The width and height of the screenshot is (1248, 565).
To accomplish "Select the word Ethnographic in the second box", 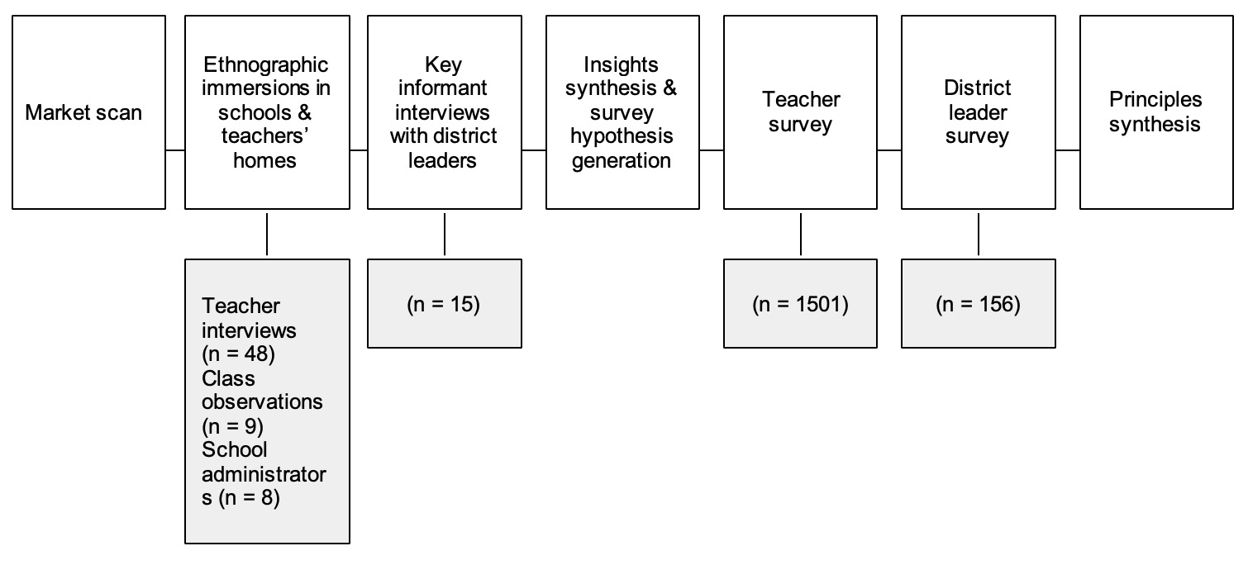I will (x=265, y=64).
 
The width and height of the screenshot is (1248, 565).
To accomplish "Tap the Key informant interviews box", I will (x=445, y=112).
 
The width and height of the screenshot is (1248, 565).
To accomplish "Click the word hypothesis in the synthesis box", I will (x=622, y=136).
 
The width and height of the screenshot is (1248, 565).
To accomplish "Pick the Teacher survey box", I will (x=800, y=112).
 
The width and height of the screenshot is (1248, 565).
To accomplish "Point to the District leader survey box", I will (x=978, y=112).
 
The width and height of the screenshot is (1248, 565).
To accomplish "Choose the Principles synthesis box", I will (x=1155, y=112).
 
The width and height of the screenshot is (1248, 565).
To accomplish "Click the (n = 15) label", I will (x=444, y=304).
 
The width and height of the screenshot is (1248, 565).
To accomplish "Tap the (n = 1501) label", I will (x=800, y=304).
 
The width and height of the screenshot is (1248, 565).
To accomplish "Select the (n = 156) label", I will (x=978, y=304).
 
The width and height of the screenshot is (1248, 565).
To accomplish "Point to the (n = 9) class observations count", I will (x=236, y=426).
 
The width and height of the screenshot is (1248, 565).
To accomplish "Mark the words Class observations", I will (x=261, y=390).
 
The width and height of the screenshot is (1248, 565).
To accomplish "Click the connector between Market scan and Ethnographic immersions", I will (x=174, y=150).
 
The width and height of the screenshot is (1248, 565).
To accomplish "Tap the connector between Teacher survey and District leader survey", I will (x=888, y=150).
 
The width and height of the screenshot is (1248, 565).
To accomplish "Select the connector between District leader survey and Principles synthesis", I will (x=1067, y=150).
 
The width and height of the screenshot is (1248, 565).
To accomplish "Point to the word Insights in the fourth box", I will (x=621, y=64).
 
